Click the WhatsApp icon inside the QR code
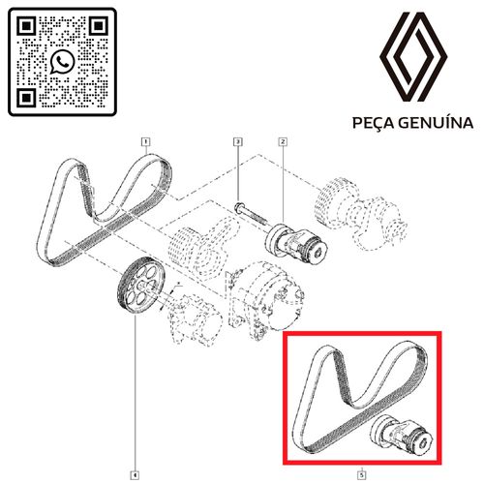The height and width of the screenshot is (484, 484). click(x=62, y=62)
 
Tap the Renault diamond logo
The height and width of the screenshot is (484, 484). click(x=413, y=57)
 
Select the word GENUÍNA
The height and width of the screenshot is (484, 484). click(x=436, y=123)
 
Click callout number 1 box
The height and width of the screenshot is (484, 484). click(x=146, y=141)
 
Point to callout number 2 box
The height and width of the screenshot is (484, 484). click(x=283, y=141)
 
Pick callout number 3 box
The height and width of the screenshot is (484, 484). click(x=238, y=141)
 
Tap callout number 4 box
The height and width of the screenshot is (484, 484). click(x=136, y=475)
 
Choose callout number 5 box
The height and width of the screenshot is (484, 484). click(x=362, y=475)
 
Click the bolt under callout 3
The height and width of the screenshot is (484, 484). click(x=252, y=214)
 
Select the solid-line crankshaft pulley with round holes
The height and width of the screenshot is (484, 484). click(x=140, y=285)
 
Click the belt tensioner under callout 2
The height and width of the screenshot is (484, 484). click(x=296, y=242)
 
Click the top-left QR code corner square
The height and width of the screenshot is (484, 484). click(x=26, y=26)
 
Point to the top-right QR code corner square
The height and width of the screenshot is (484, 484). click(x=99, y=26)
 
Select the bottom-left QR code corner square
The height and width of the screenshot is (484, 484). click(x=26, y=98)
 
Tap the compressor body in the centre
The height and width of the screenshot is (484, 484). click(x=264, y=302)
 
